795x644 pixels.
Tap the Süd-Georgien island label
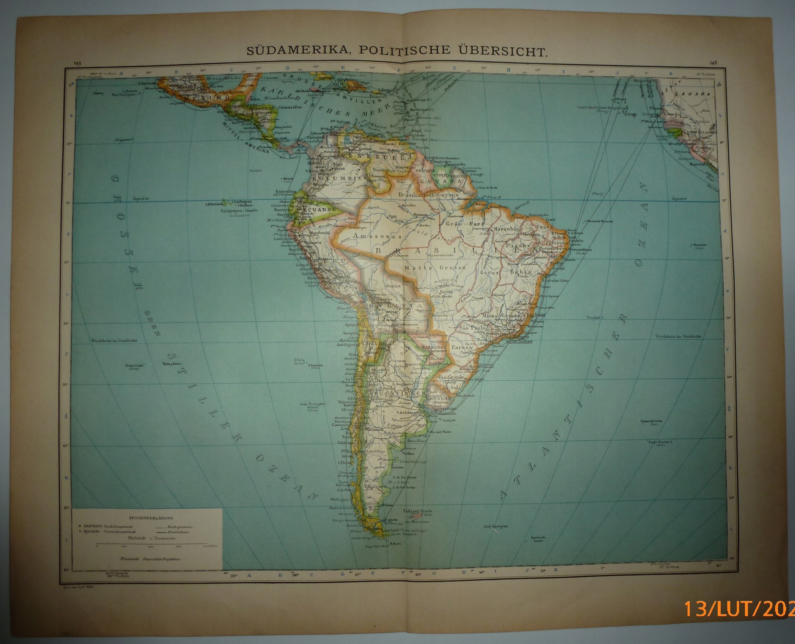click(x=496, y=526)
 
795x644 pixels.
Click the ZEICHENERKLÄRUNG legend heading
click(x=147, y=517)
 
